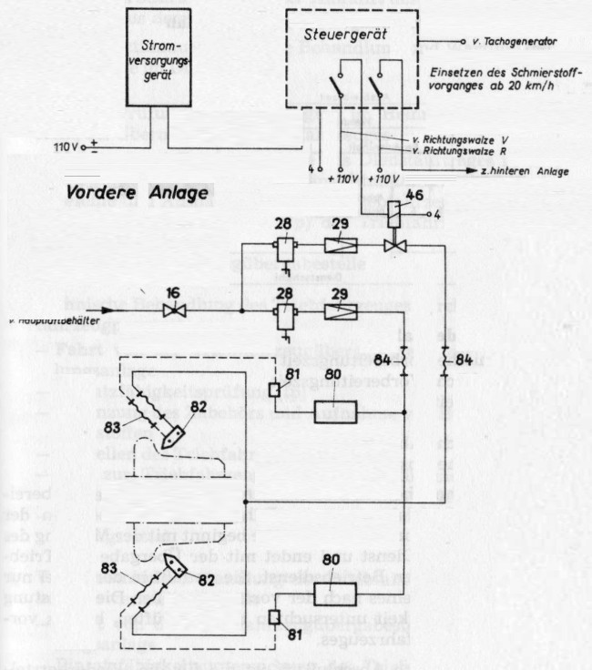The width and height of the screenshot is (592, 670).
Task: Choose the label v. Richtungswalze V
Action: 455,139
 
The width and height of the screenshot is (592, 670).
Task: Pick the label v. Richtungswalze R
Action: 455,150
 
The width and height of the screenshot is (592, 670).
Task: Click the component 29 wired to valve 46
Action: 341,245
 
